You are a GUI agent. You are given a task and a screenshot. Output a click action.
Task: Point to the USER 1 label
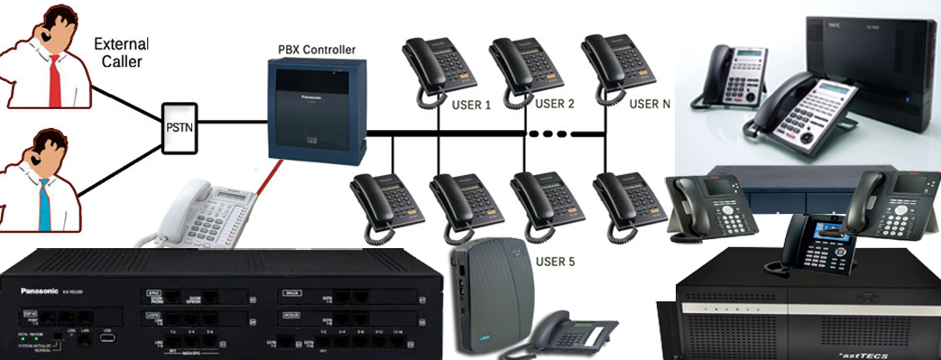(x=471, y=105)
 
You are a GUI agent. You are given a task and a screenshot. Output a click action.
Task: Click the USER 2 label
(x=555, y=104)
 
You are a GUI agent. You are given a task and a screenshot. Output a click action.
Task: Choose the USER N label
(x=650, y=104)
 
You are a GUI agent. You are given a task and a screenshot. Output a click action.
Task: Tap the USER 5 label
(x=555, y=262)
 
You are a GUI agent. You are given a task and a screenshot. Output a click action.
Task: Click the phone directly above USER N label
(x=618, y=63)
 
